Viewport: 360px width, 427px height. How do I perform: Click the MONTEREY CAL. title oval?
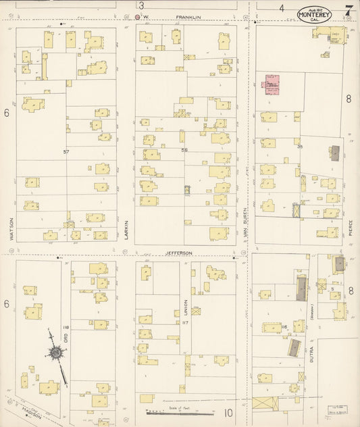(x=314, y=14)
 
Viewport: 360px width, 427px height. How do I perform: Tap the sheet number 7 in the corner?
(x=349, y=10)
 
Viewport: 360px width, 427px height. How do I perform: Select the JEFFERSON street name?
(x=179, y=253)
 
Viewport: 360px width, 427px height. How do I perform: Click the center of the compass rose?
(x=53, y=352)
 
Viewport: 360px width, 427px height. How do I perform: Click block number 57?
(x=66, y=152)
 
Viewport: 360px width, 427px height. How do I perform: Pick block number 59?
(x=184, y=149)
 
